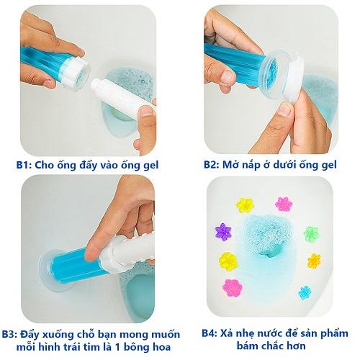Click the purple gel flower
[223, 232]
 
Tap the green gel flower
[311, 233]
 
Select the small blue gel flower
[305, 292]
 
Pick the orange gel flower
[314, 261]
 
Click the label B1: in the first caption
[24, 166]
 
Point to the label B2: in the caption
[212, 165]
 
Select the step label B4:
[210, 333]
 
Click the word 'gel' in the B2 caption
[328, 166]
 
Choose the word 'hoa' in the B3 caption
[161, 347]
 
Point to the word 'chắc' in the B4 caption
[273, 346]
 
